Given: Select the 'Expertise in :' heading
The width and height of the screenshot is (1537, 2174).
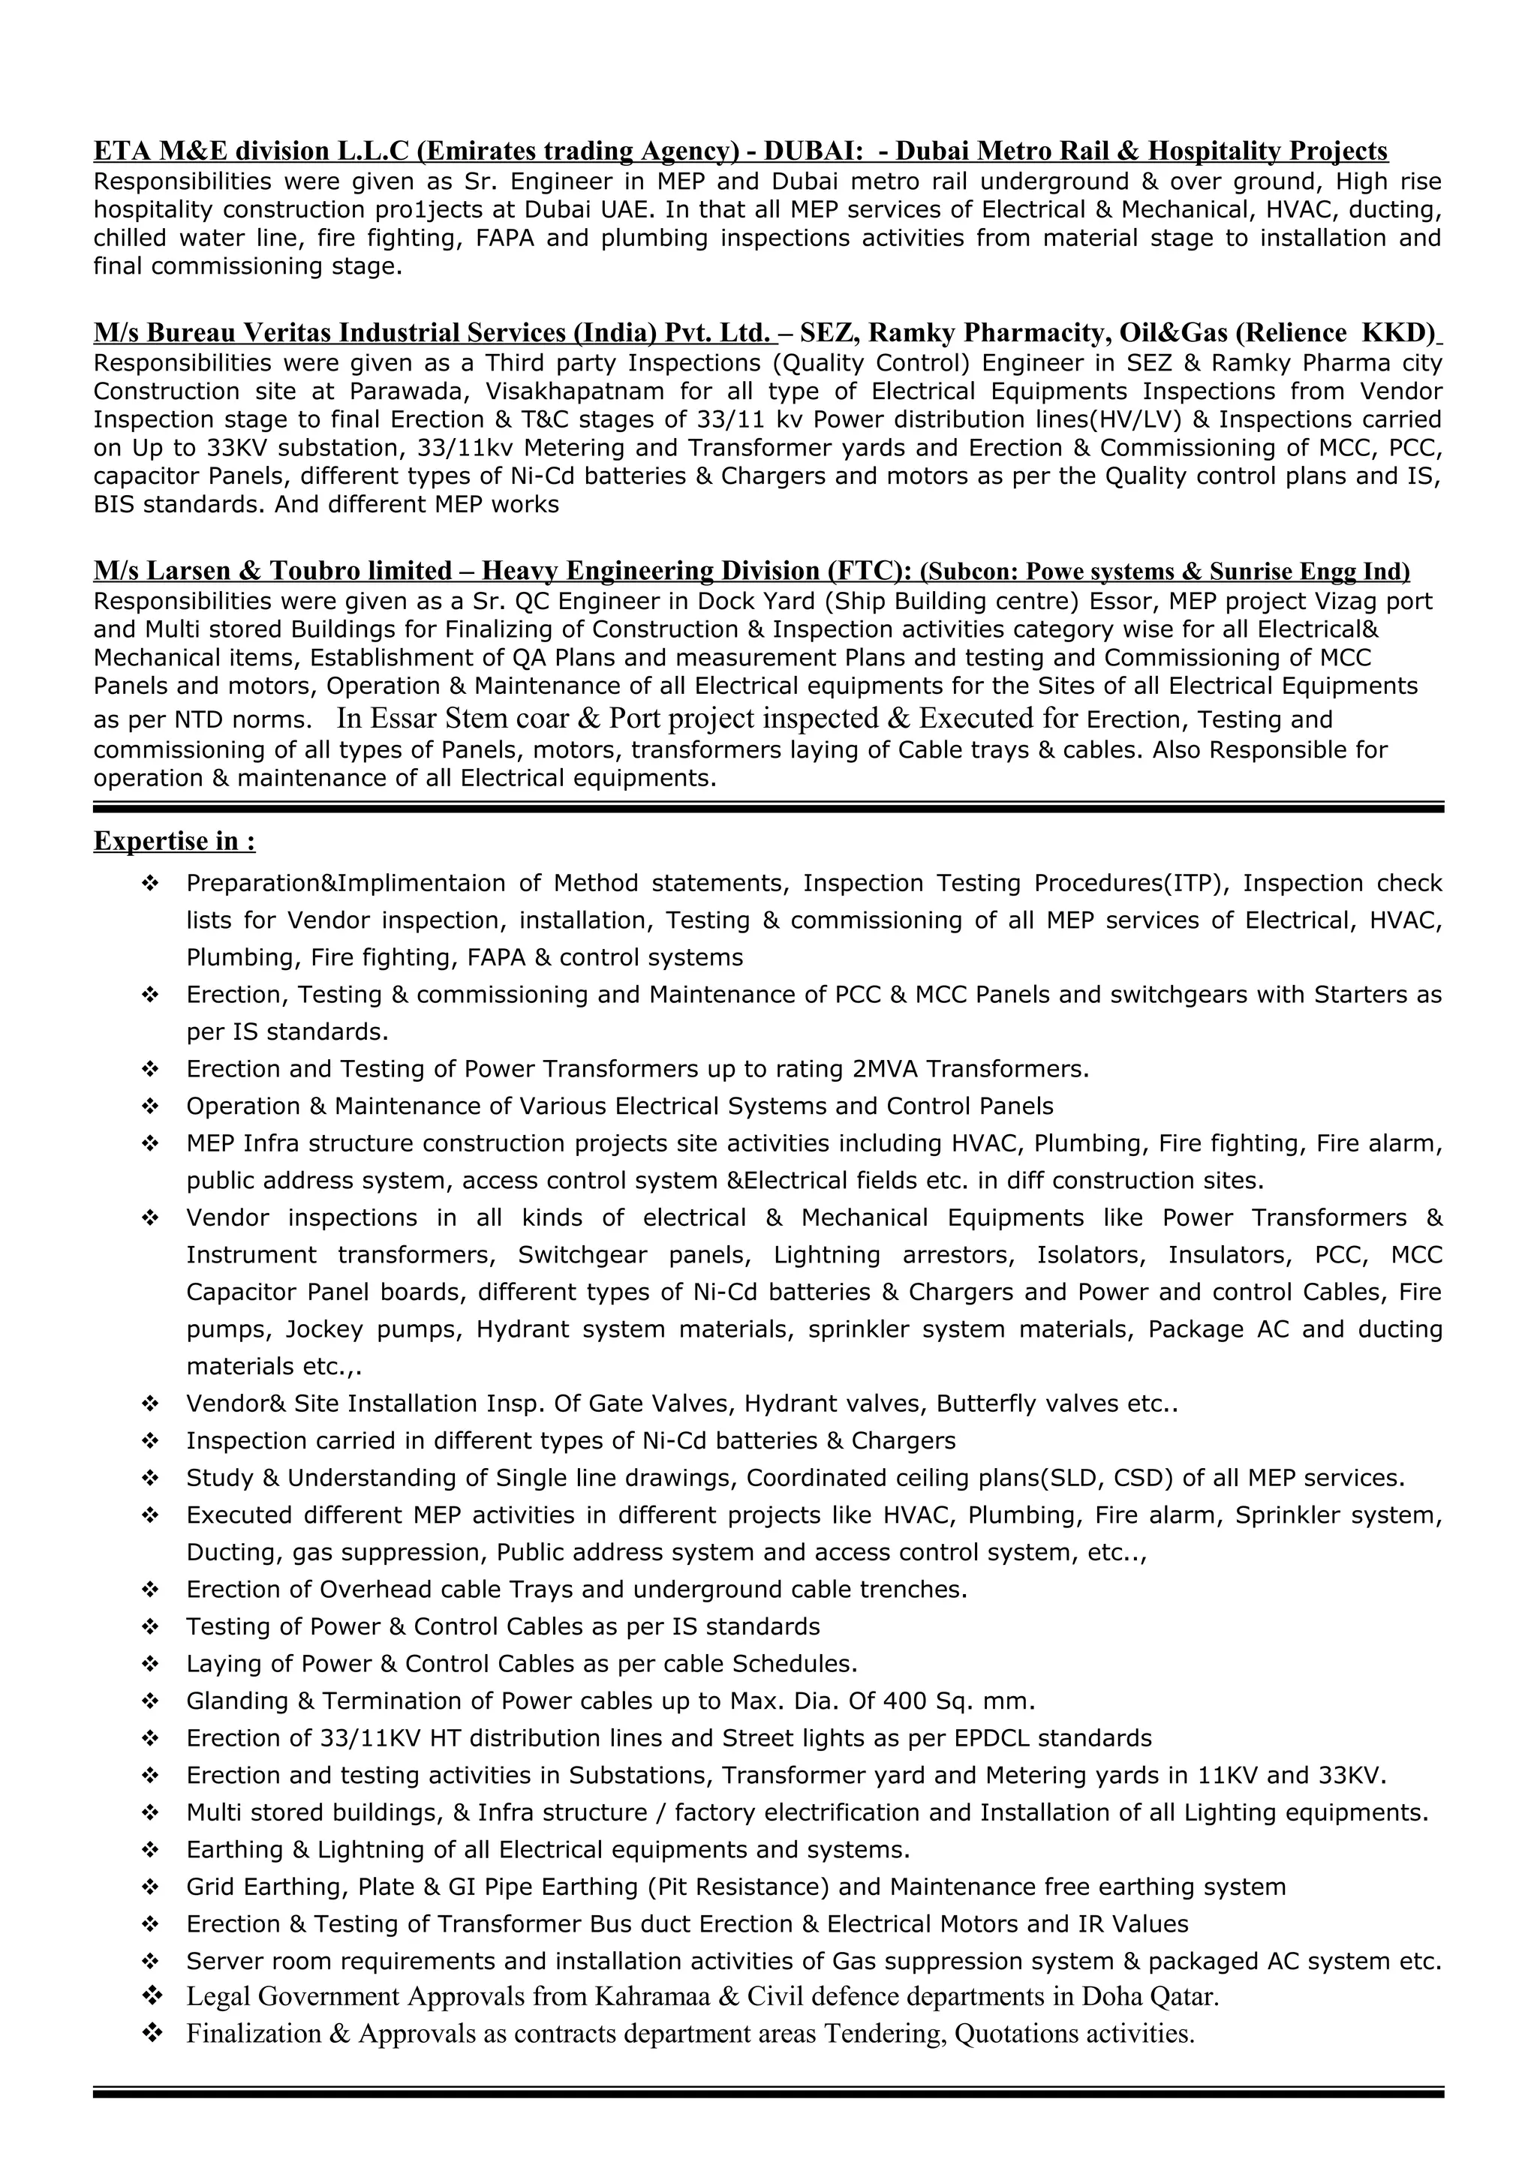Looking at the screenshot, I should [x=174, y=841].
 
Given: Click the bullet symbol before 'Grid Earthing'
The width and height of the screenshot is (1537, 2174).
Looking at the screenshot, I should [x=149, y=1887].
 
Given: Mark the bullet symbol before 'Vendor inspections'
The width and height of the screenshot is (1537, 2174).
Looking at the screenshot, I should [x=149, y=1218].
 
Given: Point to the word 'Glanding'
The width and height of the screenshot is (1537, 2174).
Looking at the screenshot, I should [x=236, y=1701].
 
